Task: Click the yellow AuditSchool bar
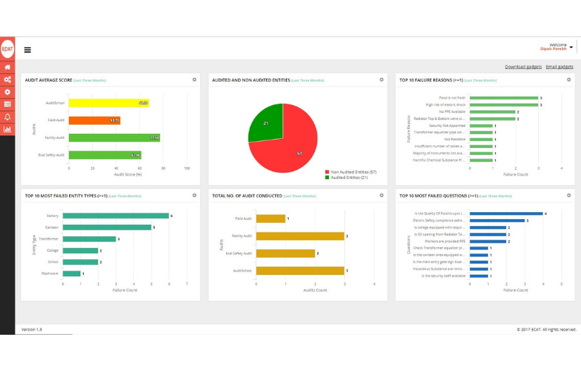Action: point(108,103)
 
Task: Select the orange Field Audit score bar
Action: point(94,121)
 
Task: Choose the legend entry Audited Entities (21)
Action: point(348,177)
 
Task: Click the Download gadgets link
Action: point(523,66)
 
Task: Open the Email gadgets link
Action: point(559,66)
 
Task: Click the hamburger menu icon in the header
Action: point(27,50)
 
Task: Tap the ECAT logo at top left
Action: point(8,49)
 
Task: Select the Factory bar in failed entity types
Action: point(116,216)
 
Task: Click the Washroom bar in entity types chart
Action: point(73,273)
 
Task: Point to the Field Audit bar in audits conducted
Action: point(270,218)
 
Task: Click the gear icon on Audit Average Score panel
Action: point(194,80)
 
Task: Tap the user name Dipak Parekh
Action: point(553,49)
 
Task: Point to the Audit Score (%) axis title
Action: point(128,173)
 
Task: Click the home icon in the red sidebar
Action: point(8,67)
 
